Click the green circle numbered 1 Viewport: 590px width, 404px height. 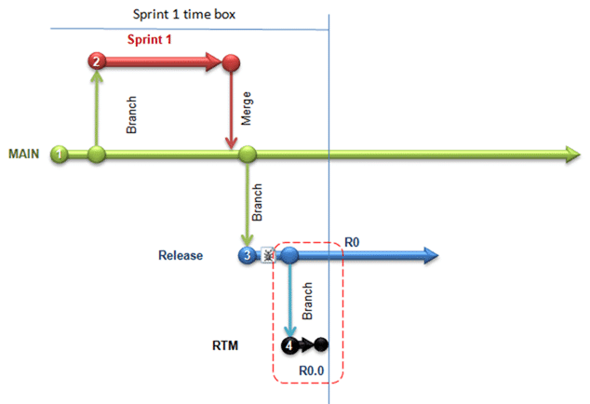[60, 154]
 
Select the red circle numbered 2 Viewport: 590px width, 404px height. [97, 61]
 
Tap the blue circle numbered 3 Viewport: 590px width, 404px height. [248, 255]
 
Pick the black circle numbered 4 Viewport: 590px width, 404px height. [289, 344]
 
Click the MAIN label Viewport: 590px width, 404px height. [23, 154]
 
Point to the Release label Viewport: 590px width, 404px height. [181, 255]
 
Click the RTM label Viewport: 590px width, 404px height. [225, 345]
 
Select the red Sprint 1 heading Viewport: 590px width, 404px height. [150, 39]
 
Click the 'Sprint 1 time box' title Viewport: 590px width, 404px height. [184, 14]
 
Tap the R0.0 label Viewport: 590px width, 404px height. [311, 370]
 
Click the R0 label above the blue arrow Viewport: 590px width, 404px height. [352, 242]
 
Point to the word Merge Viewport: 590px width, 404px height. [246, 108]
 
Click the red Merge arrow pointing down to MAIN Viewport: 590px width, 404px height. [231, 110]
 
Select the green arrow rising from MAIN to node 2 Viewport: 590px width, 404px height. [97, 108]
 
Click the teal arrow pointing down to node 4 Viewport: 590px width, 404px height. [289, 301]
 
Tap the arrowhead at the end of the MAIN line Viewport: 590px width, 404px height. [573, 155]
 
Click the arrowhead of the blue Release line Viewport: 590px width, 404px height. [431, 255]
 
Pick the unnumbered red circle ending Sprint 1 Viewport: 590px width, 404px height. [231, 62]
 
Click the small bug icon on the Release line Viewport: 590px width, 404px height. [268, 255]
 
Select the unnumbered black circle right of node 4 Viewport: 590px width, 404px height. [321, 344]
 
